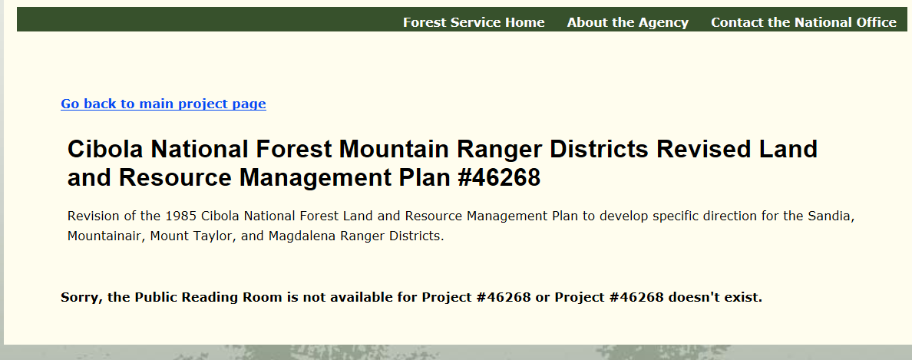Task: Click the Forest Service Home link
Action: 474,23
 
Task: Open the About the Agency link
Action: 628,23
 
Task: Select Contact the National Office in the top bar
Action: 803,23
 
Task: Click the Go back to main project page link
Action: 164,104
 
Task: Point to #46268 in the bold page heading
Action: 499,177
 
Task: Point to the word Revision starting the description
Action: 90,216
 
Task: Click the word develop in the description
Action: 623,216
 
